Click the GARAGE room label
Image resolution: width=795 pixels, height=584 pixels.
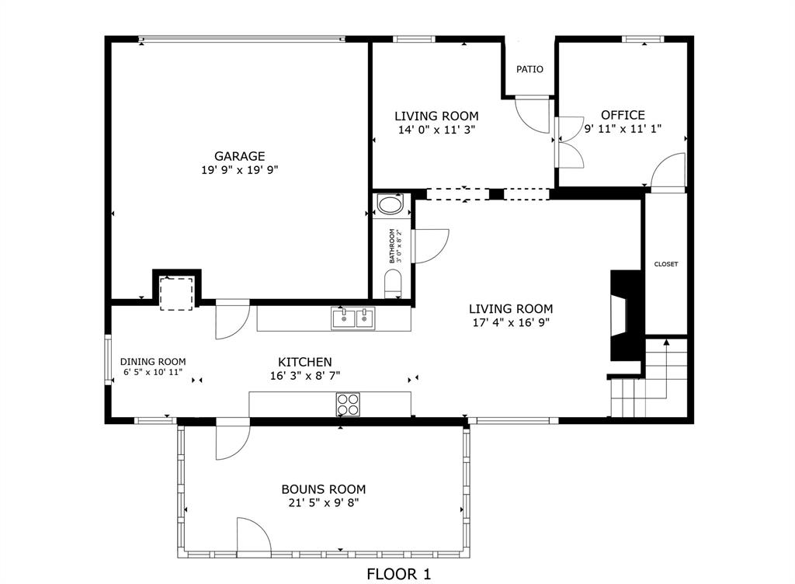240,156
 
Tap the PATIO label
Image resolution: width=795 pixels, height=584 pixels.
529,69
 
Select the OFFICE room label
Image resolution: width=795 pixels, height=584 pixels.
623,115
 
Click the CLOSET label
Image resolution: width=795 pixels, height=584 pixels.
665,264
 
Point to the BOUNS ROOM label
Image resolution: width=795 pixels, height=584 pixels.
323,489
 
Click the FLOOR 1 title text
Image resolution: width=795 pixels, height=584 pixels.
398,574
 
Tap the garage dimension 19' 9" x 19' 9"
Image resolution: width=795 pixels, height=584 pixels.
240,169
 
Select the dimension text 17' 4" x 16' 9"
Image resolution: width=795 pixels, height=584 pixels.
512,322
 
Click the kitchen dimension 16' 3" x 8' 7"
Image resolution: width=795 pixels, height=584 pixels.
305,375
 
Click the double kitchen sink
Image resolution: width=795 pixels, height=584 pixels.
352,318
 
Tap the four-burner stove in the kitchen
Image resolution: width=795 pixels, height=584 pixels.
347,405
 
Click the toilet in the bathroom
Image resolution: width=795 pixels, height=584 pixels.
393,283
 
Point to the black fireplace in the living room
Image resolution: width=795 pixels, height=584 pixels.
626,315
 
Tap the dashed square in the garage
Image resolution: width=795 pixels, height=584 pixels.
176,293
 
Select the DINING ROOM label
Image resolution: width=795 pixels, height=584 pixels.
153,361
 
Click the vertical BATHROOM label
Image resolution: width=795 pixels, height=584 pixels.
393,245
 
